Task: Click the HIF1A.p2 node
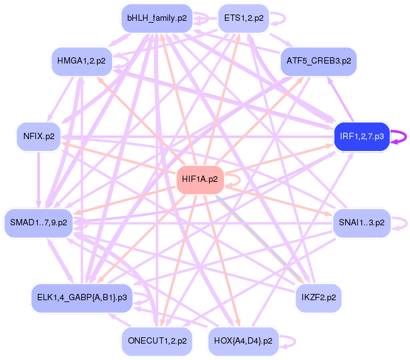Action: pos(200,180)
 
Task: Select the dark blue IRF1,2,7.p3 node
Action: pos(362,137)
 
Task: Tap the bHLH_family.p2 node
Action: pos(157,18)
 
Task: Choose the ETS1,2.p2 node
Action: pos(244,18)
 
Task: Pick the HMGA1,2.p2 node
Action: pos(82,62)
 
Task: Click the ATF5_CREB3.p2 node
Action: pos(319,62)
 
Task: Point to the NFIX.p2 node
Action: pos(38,137)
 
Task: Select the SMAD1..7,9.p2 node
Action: pos(38,223)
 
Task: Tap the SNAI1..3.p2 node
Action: pos(362,223)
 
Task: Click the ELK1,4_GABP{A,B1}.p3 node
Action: pos(82,298)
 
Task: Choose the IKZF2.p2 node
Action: pos(319,298)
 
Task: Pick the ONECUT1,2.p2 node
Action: pos(157,341)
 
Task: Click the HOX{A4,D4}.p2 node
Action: pos(244,341)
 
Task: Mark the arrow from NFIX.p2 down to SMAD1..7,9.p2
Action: pos(38,180)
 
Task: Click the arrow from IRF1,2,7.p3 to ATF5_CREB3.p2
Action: pos(341,99)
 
